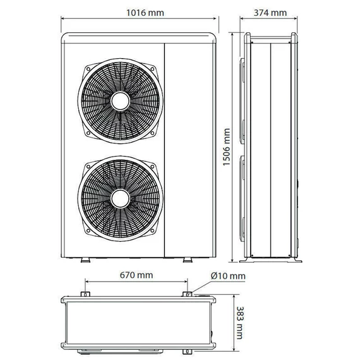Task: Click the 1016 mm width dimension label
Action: (x=145, y=13)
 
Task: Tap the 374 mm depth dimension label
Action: (x=270, y=13)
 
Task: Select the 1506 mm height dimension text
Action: (x=227, y=147)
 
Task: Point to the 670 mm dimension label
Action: (x=136, y=275)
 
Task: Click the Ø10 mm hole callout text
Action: (x=228, y=276)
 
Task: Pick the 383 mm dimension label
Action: (x=239, y=323)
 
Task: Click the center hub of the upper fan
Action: (x=120, y=101)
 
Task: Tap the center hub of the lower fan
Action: (x=120, y=199)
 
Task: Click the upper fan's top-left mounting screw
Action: (x=88, y=69)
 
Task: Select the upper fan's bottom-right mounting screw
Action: (x=152, y=133)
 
